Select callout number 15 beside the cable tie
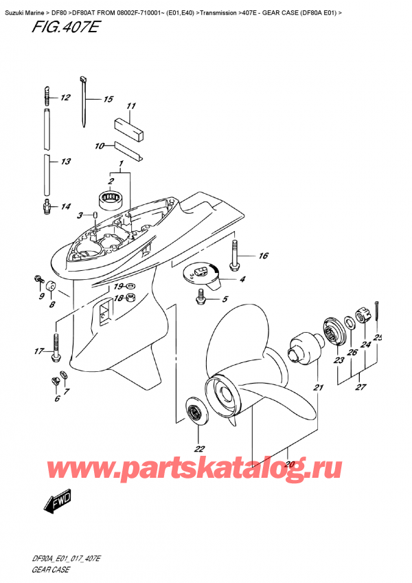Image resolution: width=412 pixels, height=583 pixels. coord(107,100)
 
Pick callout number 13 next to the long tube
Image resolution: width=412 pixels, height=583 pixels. coord(65,162)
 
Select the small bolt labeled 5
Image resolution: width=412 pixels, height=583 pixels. coord(201,296)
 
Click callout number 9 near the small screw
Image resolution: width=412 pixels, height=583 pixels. coord(41,296)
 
